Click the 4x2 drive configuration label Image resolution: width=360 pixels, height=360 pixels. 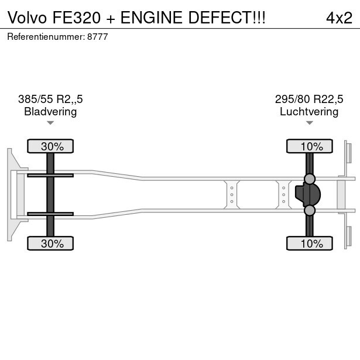point(339,18)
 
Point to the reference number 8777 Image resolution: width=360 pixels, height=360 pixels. point(98,37)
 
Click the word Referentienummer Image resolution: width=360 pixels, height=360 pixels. point(45,37)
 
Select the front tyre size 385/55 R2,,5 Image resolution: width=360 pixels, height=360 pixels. point(50,99)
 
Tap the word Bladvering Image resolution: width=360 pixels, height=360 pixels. point(50,111)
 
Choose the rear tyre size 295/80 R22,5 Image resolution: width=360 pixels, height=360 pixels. point(309,99)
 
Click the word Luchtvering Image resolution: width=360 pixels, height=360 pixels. point(309,111)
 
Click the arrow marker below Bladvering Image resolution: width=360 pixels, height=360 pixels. point(50,123)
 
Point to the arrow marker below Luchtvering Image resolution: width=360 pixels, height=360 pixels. point(309,123)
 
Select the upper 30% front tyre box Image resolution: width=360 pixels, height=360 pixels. point(50,146)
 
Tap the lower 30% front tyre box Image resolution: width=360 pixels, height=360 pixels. point(50,244)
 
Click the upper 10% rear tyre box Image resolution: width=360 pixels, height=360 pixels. point(309,146)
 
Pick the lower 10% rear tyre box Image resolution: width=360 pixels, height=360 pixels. point(309,244)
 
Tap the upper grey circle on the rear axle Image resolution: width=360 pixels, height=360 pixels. point(310,179)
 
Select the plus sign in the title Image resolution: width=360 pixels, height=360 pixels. point(111,18)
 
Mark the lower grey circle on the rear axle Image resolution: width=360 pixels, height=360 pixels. point(310,210)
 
